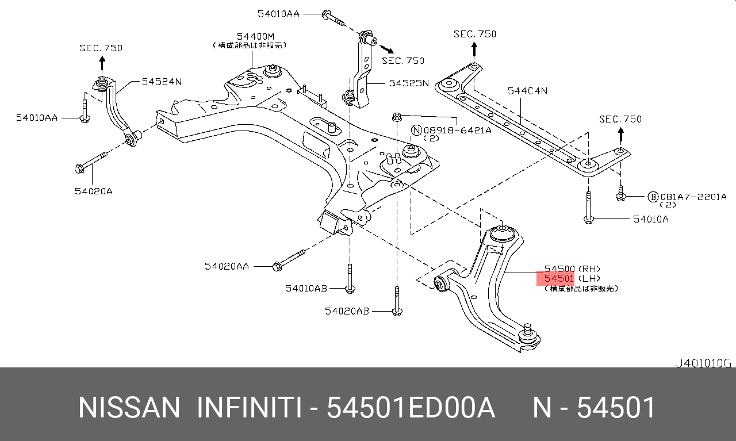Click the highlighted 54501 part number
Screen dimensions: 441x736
click(x=555, y=279)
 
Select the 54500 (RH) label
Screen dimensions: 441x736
click(x=572, y=269)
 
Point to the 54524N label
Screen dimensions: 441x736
click(x=162, y=82)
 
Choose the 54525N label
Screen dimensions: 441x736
click(x=409, y=83)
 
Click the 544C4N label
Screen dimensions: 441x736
click(x=527, y=91)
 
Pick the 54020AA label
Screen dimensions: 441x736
click(x=227, y=266)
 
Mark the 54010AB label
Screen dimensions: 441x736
click(x=306, y=288)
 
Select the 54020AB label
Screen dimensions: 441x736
click(x=347, y=311)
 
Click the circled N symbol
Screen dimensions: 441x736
click(x=416, y=131)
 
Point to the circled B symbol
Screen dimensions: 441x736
click(x=653, y=197)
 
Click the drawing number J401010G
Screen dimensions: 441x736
click(x=703, y=363)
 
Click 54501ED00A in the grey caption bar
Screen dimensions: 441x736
click(x=411, y=408)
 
